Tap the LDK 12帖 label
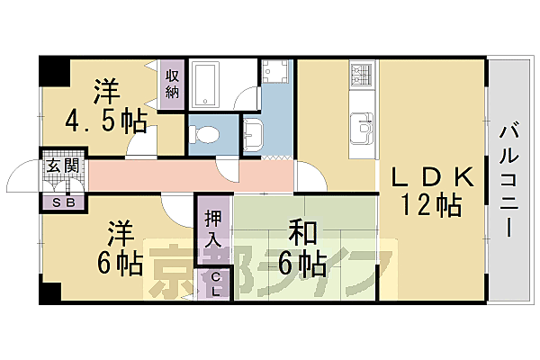425,191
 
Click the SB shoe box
63,202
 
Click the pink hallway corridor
180,175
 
